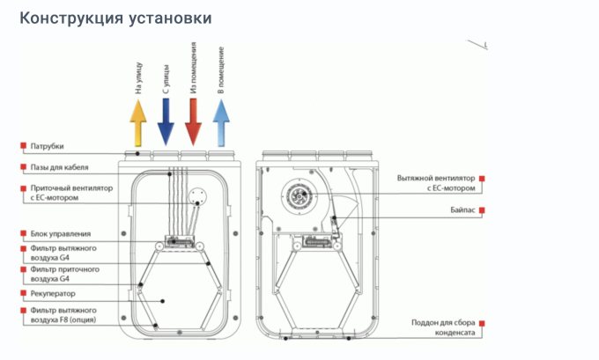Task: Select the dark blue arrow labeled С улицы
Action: click(x=166, y=122)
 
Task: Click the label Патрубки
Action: click(x=47, y=146)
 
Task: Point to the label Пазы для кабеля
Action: click(x=59, y=167)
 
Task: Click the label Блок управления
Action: click(x=61, y=234)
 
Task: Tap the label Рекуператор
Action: click(x=53, y=293)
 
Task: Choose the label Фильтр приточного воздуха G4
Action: click(x=63, y=274)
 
